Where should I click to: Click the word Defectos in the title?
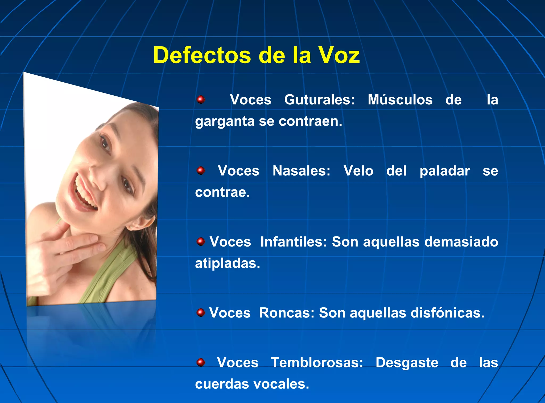click(202, 56)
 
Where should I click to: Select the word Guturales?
click(319, 100)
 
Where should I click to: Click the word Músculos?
click(400, 100)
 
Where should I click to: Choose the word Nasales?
click(301, 171)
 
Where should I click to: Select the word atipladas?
click(227, 264)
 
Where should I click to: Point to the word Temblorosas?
click(317, 362)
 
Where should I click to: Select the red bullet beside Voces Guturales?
click(201, 100)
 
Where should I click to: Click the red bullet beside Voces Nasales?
click(201, 171)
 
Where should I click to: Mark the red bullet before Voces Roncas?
click(201, 313)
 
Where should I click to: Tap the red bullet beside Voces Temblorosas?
click(201, 362)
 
